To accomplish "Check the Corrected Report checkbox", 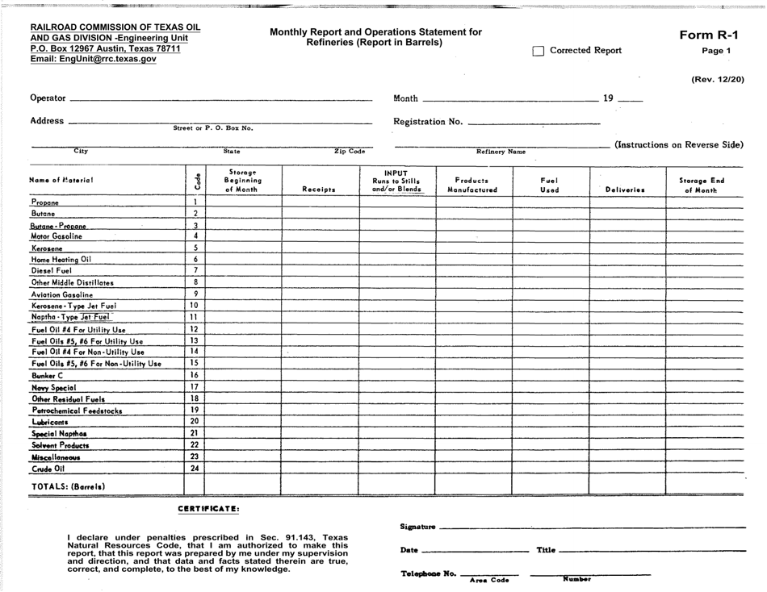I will pyautogui.click(x=539, y=51).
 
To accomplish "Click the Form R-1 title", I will pyautogui.click(x=709, y=35).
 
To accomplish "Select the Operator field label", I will pyautogui.click(x=48, y=98).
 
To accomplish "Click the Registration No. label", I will pyautogui.click(x=428, y=122).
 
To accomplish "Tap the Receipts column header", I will pyautogui.click(x=318, y=190).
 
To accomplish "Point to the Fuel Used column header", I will pyautogui.click(x=549, y=186).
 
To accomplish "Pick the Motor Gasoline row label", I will pyautogui.click(x=56, y=236).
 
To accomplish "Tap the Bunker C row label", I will pyautogui.click(x=47, y=376).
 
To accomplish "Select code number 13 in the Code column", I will pyautogui.click(x=194, y=340).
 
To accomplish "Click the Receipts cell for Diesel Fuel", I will pyautogui.click(x=320, y=271).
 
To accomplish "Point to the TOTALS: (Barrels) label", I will pyautogui.click(x=68, y=486).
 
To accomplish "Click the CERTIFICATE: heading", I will pyautogui.click(x=208, y=508).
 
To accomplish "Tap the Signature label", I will pyautogui.click(x=417, y=527).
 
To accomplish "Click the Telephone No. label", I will pyautogui.click(x=428, y=573).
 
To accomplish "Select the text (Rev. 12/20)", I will pyautogui.click(x=717, y=79).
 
